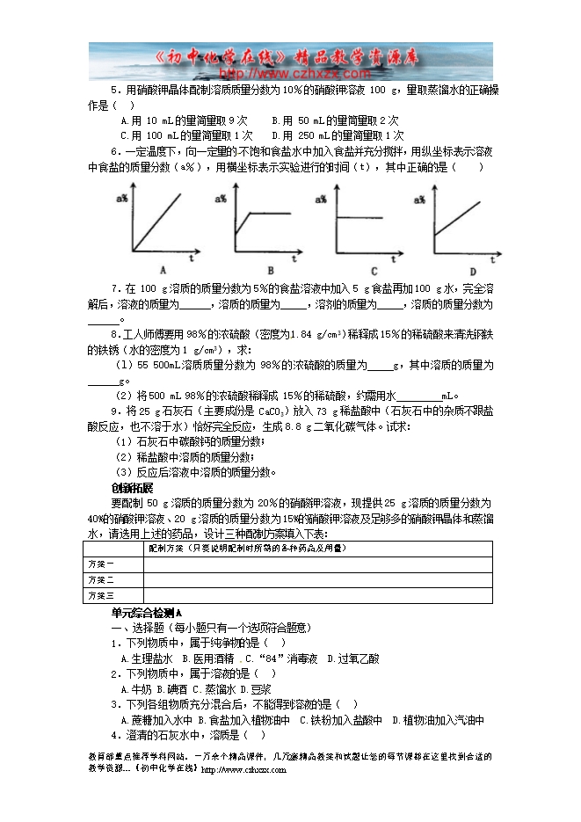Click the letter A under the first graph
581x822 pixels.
pyautogui.click(x=163, y=269)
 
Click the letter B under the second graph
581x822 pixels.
pyautogui.click(x=271, y=269)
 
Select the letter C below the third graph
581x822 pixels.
pyautogui.click(x=374, y=270)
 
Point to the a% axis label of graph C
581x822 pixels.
pyautogui.click(x=337, y=200)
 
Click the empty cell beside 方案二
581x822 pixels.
pyautogui.click(x=316, y=580)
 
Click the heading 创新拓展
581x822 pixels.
pyautogui.click(x=132, y=488)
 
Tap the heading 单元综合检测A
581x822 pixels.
pyautogui.click(x=146, y=613)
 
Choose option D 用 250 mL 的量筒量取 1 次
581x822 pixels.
pyautogui.click(x=338, y=135)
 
